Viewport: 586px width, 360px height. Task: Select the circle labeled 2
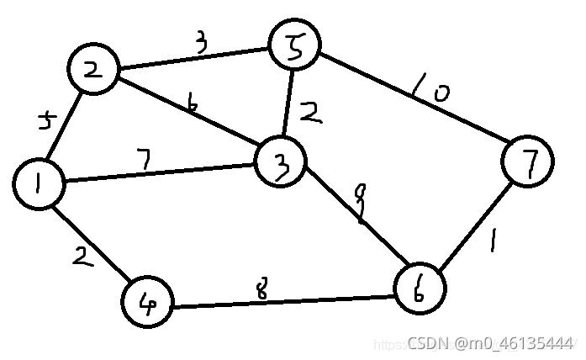point(94,71)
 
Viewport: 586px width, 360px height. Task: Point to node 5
point(293,46)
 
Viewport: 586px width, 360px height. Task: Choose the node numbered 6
point(418,290)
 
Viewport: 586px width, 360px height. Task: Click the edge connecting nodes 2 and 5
point(193,59)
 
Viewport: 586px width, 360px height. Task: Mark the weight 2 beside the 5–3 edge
point(311,113)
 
